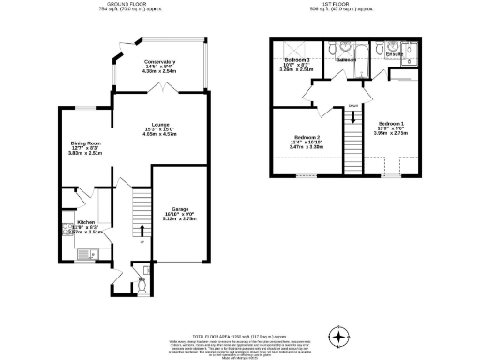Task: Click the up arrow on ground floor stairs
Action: pyautogui.click(x=142, y=231)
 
